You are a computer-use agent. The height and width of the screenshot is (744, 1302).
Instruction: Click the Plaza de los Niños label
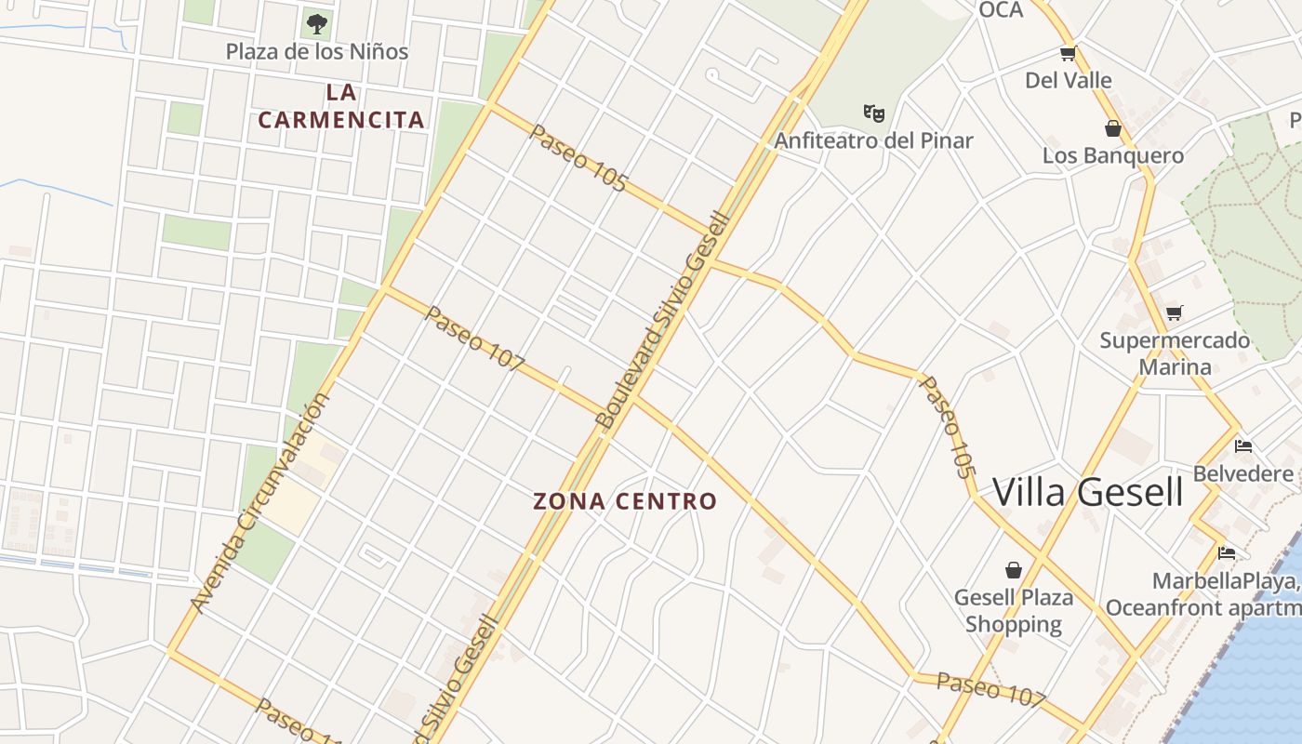click(317, 51)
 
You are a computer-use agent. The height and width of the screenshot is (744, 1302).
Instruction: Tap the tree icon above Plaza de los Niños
click(317, 22)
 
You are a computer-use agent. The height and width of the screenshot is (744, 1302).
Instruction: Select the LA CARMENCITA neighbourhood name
click(341, 106)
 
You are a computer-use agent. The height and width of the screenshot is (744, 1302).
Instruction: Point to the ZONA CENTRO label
click(625, 501)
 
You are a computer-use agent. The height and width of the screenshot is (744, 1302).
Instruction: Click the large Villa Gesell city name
click(1088, 492)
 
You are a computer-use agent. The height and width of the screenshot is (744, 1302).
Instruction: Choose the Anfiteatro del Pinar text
click(873, 140)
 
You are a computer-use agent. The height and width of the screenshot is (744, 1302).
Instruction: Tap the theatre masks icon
click(873, 113)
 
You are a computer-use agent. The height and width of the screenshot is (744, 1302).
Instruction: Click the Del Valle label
click(1068, 80)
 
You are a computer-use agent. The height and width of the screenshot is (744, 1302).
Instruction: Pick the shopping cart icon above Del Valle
click(1068, 54)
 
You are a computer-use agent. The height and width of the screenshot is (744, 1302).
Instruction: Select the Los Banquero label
click(1112, 155)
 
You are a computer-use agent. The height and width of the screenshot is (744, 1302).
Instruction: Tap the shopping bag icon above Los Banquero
click(1112, 128)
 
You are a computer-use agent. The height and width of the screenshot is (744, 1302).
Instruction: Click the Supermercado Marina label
click(1175, 353)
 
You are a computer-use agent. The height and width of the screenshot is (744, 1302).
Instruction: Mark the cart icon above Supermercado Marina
click(1174, 313)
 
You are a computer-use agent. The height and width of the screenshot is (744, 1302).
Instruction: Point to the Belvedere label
click(1242, 473)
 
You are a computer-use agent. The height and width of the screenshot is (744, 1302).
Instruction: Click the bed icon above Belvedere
click(1243, 446)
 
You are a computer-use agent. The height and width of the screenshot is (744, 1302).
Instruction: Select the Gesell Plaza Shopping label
click(1014, 610)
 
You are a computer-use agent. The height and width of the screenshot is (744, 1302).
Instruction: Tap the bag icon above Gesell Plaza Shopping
click(1014, 569)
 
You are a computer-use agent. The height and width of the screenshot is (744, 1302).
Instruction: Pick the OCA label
click(1001, 10)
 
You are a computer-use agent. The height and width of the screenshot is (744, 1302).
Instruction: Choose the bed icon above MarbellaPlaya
click(1227, 553)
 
